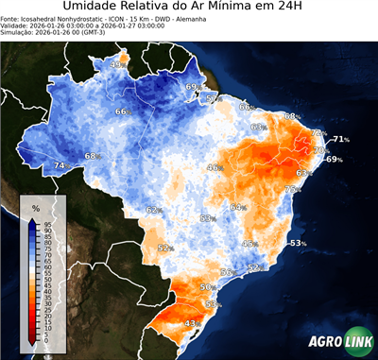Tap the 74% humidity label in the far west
pyautogui.click(x=60, y=166)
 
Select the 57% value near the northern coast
pyautogui.click(x=213, y=98)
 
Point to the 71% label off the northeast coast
pyautogui.click(x=340, y=139)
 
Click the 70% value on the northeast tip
pyautogui.click(x=319, y=150)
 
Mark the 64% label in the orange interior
pyautogui.click(x=237, y=207)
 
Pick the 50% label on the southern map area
pyautogui.click(x=208, y=286)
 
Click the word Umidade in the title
pyautogui.click(x=92, y=9)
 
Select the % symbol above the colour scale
pyautogui.click(x=35, y=208)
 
